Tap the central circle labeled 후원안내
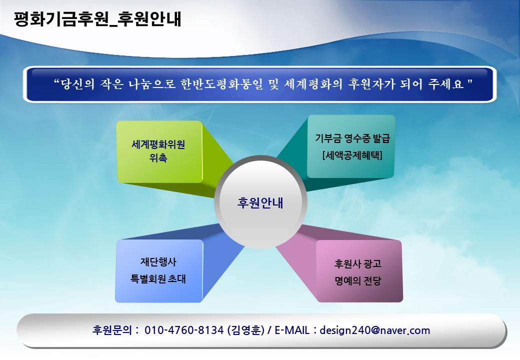click(260, 202)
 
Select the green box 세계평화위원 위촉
click(159, 151)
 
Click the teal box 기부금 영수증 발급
click(351, 146)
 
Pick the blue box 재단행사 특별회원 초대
click(159, 271)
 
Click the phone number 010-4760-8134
click(184, 330)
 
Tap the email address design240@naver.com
click(374, 330)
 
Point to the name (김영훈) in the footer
click(245, 330)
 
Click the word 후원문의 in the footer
click(112, 330)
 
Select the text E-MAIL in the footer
click(292, 330)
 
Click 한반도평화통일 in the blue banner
click(221, 84)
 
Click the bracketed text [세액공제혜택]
click(352, 155)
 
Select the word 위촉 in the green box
click(158, 158)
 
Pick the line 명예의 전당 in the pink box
click(358, 281)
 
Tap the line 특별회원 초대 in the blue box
click(158, 279)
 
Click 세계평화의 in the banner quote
click(312, 84)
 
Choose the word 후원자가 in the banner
click(372, 84)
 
